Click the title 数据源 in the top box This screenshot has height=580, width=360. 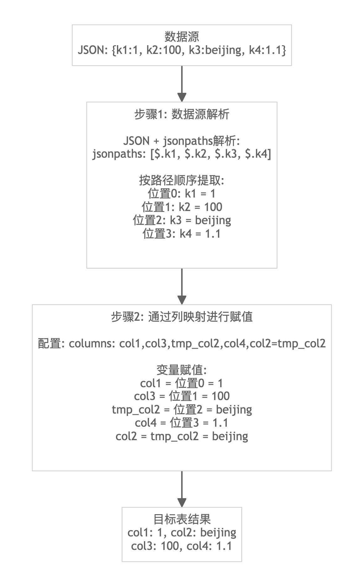click(x=182, y=37)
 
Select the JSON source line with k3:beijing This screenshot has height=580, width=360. click(x=182, y=50)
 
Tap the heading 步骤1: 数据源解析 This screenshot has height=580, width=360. click(x=182, y=114)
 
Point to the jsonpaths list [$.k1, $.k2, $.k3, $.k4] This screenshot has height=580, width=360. click(x=182, y=154)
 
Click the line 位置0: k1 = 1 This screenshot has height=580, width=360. click(x=182, y=194)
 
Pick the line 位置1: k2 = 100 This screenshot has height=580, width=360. click(x=182, y=207)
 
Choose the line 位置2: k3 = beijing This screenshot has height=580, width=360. click(x=182, y=220)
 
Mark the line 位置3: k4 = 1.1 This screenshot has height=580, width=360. click(x=182, y=234)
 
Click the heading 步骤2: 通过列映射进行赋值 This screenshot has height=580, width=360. click(x=182, y=317)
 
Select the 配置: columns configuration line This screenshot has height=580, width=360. click(x=182, y=344)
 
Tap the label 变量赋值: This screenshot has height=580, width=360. click(x=182, y=370)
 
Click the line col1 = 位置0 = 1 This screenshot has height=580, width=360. click(x=182, y=383)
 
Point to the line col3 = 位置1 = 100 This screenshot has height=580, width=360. click(x=182, y=396)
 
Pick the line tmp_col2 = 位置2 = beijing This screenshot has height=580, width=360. click(x=182, y=410)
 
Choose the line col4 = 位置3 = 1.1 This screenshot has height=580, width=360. click(x=182, y=423)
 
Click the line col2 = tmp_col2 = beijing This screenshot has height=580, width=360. click(x=182, y=436)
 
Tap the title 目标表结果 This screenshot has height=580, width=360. click(x=182, y=519)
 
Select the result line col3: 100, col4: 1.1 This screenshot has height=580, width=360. click(x=182, y=546)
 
